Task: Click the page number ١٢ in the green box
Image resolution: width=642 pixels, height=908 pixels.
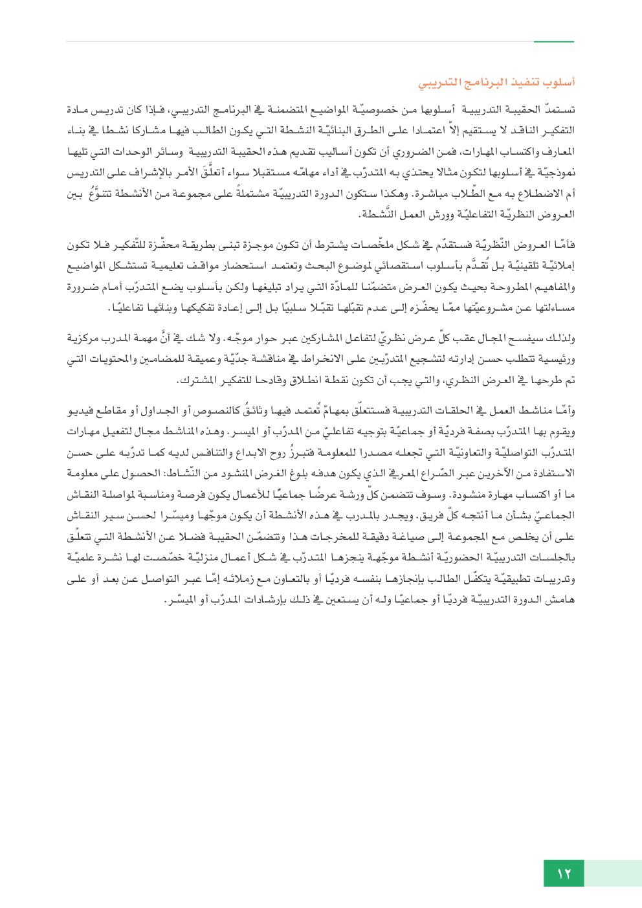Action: click(x=564, y=874)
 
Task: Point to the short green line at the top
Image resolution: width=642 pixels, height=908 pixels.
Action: click(x=554, y=41)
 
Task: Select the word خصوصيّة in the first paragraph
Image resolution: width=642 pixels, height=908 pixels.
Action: click(x=373, y=110)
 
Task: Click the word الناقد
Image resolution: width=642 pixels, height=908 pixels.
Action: click(x=505, y=131)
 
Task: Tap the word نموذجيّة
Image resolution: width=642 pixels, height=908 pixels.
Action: click(x=555, y=173)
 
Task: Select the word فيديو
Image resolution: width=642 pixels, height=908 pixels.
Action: click(x=82, y=412)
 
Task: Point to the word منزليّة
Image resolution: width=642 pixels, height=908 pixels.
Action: click(x=214, y=557)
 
